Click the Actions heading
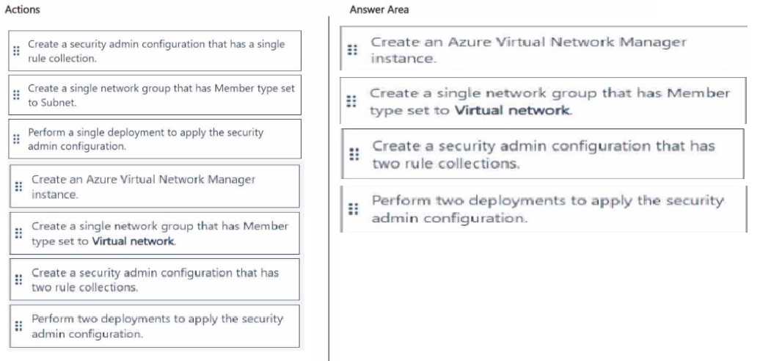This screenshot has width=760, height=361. (x=22, y=10)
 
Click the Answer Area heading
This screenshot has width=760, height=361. (x=379, y=10)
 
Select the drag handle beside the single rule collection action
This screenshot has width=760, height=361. (x=16, y=51)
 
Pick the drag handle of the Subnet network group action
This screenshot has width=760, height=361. (x=16, y=95)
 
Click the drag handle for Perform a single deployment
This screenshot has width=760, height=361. (x=16, y=139)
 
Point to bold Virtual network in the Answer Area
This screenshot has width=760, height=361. (x=513, y=111)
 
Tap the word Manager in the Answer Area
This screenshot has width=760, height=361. (x=654, y=42)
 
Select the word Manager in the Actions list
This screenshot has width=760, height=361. (x=231, y=179)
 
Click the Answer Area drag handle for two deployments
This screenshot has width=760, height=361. (x=354, y=209)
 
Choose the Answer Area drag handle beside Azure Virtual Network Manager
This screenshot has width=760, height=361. (x=352, y=50)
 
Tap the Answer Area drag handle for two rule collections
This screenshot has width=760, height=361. (x=354, y=155)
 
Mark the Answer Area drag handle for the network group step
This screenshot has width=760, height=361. (x=351, y=101)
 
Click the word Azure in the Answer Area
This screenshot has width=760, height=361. (x=468, y=42)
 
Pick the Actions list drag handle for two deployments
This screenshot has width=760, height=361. (x=18, y=326)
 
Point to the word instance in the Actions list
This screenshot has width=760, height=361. (x=54, y=194)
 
